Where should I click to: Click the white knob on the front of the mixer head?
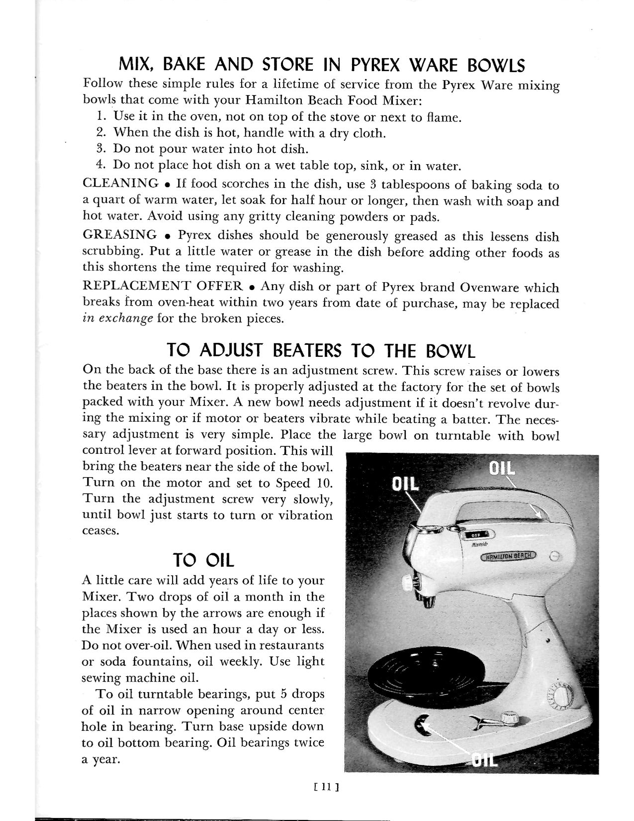pyautogui.click(x=409, y=582)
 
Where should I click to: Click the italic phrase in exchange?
pyautogui.click(x=117, y=319)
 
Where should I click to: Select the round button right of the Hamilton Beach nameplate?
pyautogui.click(x=555, y=557)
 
